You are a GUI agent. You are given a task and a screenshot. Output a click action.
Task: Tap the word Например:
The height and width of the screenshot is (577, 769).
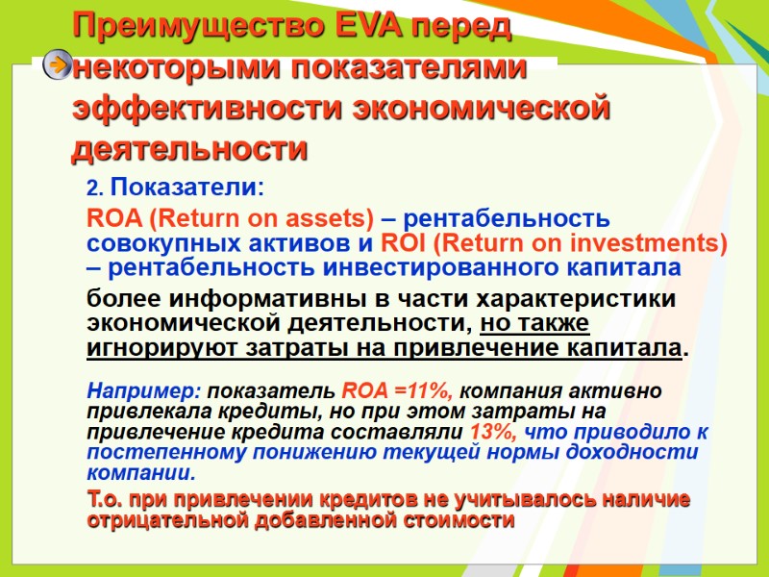(x=144, y=391)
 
